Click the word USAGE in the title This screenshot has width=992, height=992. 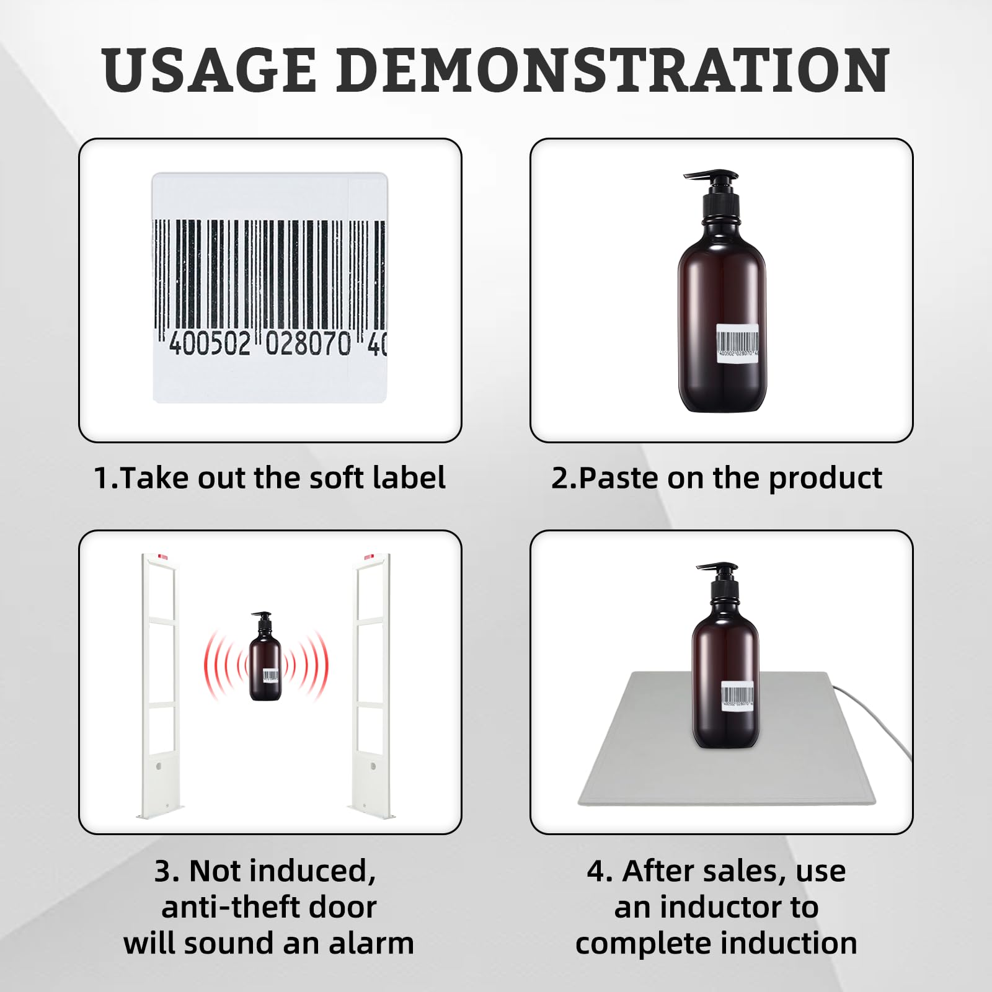click(x=210, y=70)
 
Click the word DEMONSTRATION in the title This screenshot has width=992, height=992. click(x=613, y=70)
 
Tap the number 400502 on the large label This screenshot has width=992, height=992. click(x=210, y=343)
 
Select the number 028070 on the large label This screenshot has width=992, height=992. click(x=308, y=343)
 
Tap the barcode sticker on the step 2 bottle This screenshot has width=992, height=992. click(x=737, y=342)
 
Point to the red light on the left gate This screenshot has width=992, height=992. click(x=162, y=557)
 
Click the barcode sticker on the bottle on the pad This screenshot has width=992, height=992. click(x=737, y=696)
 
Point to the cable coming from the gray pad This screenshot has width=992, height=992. click(x=874, y=719)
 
